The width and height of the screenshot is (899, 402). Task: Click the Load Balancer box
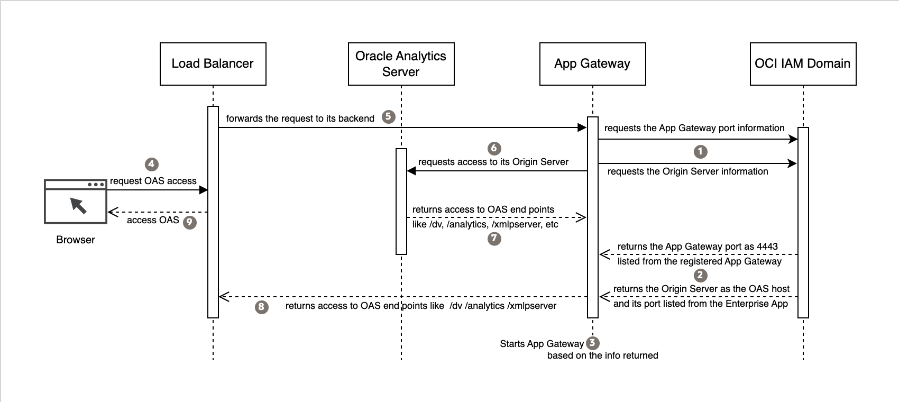(x=213, y=64)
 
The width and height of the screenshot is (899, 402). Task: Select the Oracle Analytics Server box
(x=401, y=64)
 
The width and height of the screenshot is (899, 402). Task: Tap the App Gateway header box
(x=592, y=64)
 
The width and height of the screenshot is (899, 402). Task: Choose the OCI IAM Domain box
(x=802, y=64)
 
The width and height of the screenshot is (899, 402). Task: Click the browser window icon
(x=76, y=202)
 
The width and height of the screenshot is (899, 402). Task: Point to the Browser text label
(x=76, y=240)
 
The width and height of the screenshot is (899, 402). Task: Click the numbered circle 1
(x=700, y=152)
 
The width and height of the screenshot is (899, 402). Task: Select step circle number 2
(x=700, y=275)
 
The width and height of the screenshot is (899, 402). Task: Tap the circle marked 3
(x=592, y=343)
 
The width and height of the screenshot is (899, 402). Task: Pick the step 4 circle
(x=151, y=164)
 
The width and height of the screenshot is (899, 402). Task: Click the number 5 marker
(x=389, y=117)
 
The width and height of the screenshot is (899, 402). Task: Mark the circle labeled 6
(x=494, y=148)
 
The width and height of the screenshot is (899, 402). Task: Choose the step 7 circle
(x=494, y=239)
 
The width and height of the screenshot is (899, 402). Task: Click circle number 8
(x=261, y=307)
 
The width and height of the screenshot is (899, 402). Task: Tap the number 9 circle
(x=189, y=222)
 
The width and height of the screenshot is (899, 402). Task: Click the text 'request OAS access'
(x=153, y=181)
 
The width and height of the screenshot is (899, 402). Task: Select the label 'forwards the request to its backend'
(x=300, y=118)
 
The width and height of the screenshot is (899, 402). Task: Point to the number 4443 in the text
(x=767, y=246)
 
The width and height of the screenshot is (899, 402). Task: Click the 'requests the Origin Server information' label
(x=687, y=171)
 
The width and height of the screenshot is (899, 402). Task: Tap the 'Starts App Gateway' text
(x=542, y=344)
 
